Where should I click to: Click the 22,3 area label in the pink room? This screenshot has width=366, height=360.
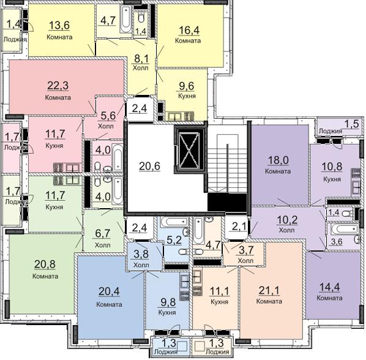click(58, 86)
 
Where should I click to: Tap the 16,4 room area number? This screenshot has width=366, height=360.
click(189, 30)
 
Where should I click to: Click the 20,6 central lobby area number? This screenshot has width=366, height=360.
click(149, 167)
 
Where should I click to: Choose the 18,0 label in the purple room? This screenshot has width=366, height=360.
click(278, 160)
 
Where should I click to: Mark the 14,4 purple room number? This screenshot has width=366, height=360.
click(329, 287)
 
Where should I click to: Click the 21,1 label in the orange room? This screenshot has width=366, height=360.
click(269, 291)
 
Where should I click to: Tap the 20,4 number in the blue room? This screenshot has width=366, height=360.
click(109, 291)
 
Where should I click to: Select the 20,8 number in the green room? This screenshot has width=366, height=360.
click(45, 264)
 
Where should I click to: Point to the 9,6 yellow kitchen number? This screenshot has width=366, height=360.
click(187, 86)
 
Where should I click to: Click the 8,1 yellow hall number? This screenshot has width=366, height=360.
click(141, 59)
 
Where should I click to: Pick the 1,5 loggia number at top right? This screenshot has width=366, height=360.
click(352, 124)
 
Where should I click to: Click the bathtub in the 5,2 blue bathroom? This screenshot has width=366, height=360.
click(174, 221)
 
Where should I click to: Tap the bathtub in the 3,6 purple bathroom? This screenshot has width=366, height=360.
click(343, 229)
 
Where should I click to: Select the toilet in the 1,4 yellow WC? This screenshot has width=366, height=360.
click(141, 17)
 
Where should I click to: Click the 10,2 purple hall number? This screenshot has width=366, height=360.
click(287, 220)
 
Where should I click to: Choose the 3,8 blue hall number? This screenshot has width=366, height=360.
click(141, 253)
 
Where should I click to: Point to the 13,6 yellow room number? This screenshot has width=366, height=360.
click(59, 25)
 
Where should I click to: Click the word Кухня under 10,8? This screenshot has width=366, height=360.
click(332, 179)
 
